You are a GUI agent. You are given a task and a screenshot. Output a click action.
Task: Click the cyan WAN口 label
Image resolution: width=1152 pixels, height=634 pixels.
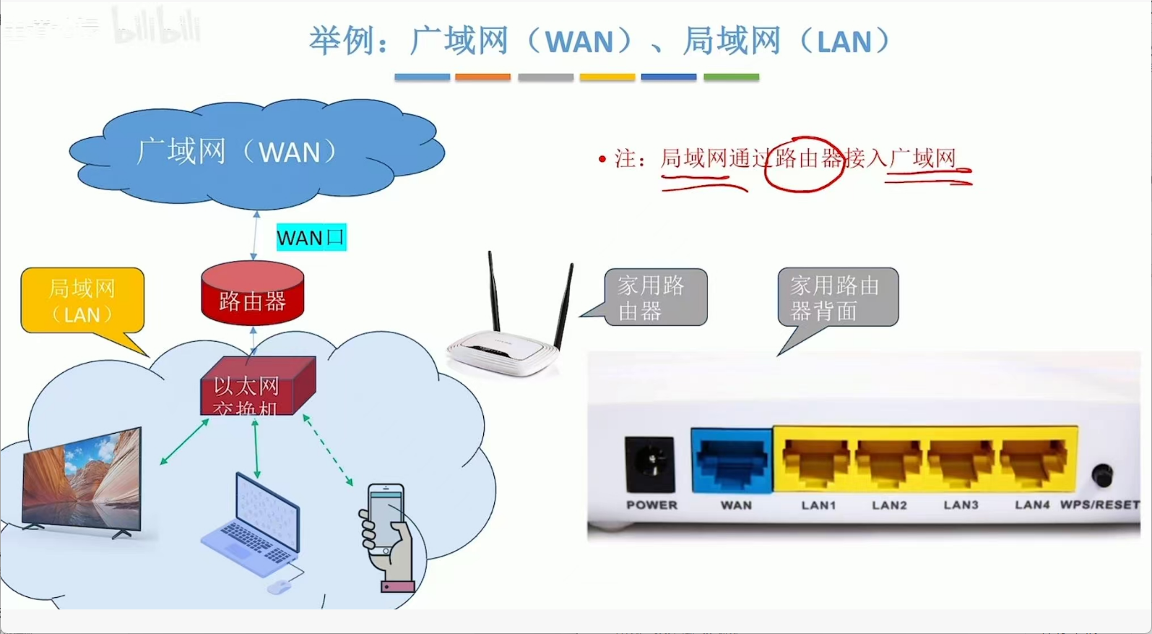pyautogui.click(x=311, y=237)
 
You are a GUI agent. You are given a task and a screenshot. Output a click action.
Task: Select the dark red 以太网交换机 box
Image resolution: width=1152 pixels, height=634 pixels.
pyautogui.click(x=256, y=387)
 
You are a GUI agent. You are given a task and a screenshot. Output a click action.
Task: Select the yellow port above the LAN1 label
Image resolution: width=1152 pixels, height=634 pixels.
pyautogui.click(x=816, y=461)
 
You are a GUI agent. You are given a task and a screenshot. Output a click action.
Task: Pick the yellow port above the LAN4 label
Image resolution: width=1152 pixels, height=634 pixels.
pyautogui.click(x=1034, y=461)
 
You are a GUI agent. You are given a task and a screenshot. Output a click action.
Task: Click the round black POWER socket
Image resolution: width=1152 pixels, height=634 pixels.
pyautogui.click(x=650, y=463)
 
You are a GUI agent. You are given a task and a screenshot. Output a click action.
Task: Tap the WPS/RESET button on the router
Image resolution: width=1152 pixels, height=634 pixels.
pyautogui.click(x=1101, y=476)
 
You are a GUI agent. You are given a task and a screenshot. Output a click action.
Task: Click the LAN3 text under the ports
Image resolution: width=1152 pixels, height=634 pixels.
pyautogui.click(x=961, y=505)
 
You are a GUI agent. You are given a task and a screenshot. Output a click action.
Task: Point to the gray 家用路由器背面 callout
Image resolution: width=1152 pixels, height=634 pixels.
pyautogui.click(x=837, y=298)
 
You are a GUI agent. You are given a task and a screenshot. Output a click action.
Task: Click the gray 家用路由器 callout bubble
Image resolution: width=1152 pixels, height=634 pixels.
pyautogui.click(x=655, y=298)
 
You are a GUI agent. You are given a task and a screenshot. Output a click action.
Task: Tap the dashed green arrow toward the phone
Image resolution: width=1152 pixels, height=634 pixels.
pyautogui.click(x=329, y=450)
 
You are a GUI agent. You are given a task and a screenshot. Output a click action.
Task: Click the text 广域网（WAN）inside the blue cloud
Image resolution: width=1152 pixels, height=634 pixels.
pyautogui.click(x=237, y=153)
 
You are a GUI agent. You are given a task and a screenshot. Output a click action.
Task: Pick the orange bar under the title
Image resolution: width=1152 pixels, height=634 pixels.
pyautogui.click(x=482, y=77)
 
